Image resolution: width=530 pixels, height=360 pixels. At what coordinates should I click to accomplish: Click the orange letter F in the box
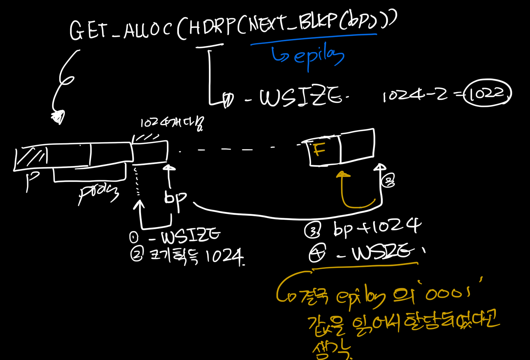tap(319, 150)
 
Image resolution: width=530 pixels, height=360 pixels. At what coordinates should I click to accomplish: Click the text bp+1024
tap(377, 227)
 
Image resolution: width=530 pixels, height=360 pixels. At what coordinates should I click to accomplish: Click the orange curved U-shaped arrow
tap(357, 194)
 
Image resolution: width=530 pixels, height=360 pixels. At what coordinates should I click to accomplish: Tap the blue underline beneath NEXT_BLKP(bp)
tap(313, 39)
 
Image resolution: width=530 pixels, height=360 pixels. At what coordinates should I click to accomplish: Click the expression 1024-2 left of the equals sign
tap(415, 95)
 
